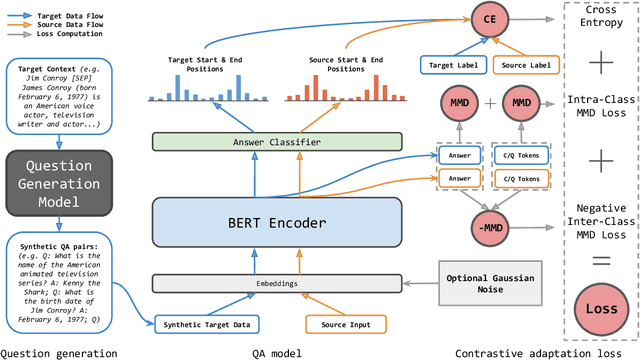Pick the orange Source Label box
[x=526, y=64]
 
